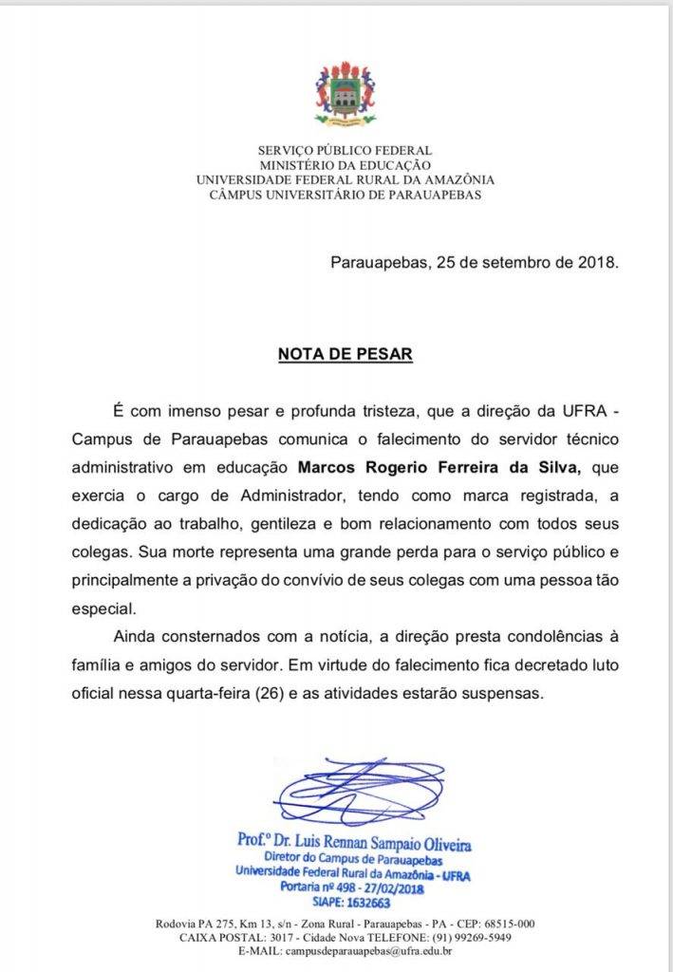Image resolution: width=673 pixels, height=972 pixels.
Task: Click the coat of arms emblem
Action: pyautogui.click(x=345, y=94)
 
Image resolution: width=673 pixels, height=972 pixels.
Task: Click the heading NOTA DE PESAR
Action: pyautogui.click(x=345, y=355)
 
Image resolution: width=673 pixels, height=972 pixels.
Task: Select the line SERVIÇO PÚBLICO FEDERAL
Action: pyautogui.click(x=345, y=150)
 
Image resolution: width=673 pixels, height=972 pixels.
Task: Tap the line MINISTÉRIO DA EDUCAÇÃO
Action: pyautogui.click(x=345, y=165)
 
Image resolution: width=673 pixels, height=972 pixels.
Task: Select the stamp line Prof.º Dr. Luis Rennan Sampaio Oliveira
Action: pyautogui.click(x=354, y=843)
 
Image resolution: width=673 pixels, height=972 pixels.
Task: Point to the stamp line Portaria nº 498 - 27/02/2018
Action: pyautogui.click(x=353, y=888)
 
